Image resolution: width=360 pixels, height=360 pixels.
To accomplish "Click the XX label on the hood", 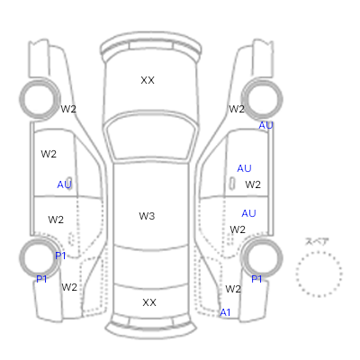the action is coord(148,80).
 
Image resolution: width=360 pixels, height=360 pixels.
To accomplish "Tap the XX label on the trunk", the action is coord(149,302).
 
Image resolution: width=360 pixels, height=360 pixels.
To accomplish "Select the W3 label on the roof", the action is coord(147,216).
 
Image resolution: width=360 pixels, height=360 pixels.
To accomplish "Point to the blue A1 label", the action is coord(225,312).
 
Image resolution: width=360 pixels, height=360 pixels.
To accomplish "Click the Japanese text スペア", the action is coord(317,241).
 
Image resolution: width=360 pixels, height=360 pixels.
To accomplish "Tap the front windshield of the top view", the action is coord(151,136).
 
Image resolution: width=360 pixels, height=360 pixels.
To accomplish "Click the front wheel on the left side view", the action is coord(21,99).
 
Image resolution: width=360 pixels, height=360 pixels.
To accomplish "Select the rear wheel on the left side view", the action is coord(21,258).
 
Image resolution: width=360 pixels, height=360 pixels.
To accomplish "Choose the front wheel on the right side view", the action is coord(282,99).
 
